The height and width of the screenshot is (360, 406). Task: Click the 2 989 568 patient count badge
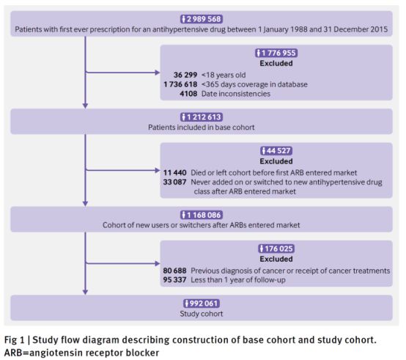point(202,19)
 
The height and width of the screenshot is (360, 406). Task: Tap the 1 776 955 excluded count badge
point(276,53)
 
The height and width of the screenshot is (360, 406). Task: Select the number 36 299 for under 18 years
point(185,75)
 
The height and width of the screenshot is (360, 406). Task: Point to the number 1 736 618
point(180,84)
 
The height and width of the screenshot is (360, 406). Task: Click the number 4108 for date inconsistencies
point(188,94)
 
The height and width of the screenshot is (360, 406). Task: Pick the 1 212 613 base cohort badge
point(202,117)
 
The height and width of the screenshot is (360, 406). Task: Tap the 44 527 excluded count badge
point(276,151)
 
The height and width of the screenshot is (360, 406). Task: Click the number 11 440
point(174,172)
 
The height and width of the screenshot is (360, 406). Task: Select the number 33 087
point(174,182)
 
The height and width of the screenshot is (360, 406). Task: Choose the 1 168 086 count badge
point(202,215)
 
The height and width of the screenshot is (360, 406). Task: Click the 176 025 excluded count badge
point(276,249)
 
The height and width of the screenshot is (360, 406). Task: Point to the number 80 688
point(174,271)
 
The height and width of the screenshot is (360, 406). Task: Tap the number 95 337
point(174,279)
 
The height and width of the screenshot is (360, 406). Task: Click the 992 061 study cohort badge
point(202,304)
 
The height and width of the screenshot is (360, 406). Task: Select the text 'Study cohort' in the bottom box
point(202,314)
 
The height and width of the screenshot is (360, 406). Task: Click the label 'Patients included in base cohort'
point(202,127)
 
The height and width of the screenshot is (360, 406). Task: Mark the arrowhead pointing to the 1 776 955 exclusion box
point(158,73)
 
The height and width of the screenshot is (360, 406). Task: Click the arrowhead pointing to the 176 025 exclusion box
point(158,264)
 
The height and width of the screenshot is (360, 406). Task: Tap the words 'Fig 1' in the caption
point(14,339)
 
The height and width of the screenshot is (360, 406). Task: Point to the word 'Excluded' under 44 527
point(276,161)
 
